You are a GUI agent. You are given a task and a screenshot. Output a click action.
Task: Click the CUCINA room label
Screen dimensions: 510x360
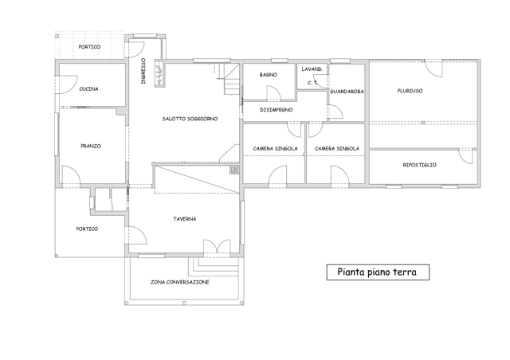point(88,88)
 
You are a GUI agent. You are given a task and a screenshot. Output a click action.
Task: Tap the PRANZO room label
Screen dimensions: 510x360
point(91,146)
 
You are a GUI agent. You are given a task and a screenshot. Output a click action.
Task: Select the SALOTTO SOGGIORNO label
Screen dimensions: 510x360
point(190,119)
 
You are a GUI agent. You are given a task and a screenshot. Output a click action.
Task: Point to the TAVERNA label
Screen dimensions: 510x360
point(184,219)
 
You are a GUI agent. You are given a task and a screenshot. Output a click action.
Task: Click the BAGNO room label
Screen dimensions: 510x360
point(269,75)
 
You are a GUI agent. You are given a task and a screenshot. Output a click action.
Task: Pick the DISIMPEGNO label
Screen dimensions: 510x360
point(277,110)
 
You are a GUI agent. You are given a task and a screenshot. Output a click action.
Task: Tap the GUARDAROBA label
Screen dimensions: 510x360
point(347,92)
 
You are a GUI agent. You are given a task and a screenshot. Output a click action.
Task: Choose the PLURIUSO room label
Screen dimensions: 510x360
point(410,91)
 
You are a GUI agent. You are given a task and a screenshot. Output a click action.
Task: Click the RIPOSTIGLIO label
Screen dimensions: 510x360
point(420,165)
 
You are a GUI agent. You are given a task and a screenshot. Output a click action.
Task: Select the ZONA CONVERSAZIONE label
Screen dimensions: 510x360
point(179,282)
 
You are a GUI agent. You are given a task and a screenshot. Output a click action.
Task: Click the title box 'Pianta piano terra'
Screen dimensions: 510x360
point(378,272)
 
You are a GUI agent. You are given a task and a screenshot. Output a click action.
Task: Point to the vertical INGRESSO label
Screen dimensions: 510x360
point(143,71)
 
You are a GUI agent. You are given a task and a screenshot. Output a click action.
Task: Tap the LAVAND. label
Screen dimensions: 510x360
point(312,69)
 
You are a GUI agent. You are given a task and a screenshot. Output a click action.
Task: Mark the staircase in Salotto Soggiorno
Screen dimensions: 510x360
point(227,79)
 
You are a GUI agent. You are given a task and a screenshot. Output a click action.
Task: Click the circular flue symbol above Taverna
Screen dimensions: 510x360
point(234,170)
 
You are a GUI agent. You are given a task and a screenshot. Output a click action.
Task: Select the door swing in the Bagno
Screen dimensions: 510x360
point(273,92)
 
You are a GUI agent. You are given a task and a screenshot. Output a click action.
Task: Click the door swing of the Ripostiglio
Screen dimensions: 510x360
point(465,156)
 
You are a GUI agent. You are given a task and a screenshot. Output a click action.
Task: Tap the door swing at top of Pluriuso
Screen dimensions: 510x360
point(433,68)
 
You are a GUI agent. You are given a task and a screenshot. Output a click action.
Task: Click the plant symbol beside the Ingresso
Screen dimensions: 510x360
point(159,74)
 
